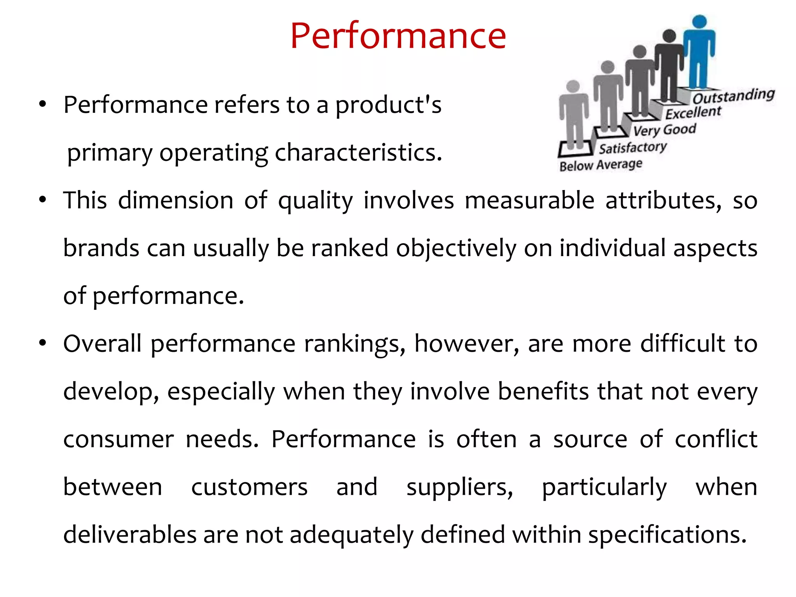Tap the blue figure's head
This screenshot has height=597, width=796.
(x=699, y=22)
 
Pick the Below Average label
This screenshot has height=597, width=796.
(x=600, y=165)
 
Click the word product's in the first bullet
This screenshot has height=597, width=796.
(x=388, y=105)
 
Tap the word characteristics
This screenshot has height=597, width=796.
(x=358, y=152)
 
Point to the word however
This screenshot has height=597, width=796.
(x=466, y=344)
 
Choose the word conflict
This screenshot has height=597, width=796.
(x=716, y=439)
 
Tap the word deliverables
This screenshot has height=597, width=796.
(x=129, y=534)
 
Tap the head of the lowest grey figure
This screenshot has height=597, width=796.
(x=573, y=86)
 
